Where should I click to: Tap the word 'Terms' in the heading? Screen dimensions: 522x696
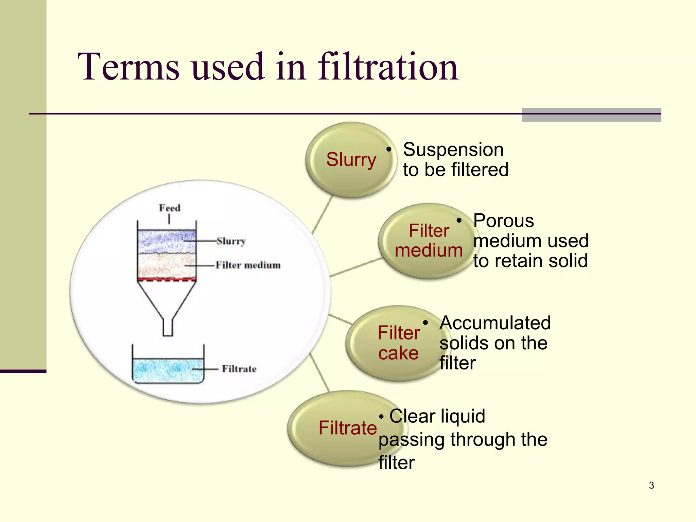[128, 67]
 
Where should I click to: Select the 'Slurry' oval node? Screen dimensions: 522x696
[351, 160]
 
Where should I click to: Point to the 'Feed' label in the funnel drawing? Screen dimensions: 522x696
[170, 208]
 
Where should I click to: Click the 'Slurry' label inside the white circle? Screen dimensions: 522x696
[231, 241]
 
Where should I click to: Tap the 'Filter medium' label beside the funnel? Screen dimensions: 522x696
[248, 265]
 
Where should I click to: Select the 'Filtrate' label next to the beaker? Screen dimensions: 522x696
[239, 369]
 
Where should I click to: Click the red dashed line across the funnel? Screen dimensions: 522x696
[167, 280]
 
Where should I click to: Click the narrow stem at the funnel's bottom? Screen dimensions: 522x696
[168, 328]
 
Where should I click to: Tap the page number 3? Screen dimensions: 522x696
[651, 485]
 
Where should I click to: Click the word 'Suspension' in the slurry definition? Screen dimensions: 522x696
[453, 150]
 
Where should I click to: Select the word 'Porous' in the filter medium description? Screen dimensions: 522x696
[503, 221]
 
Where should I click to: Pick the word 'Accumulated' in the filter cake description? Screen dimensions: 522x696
[495, 323]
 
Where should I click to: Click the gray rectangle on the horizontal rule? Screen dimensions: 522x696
[591, 115]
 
